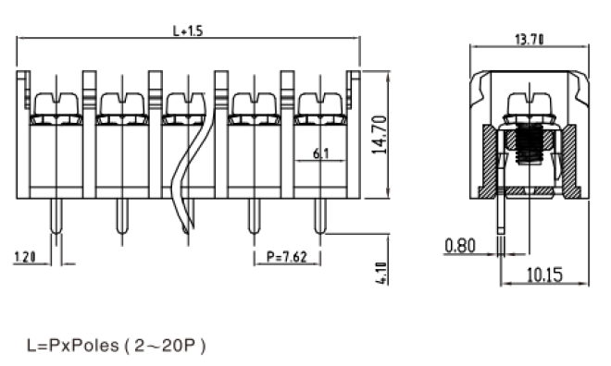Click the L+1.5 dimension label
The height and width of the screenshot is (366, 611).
click(188, 30)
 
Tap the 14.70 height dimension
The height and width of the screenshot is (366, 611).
click(380, 135)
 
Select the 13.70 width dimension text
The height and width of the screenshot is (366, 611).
click(530, 40)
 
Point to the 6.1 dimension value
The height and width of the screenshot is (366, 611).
click(320, 153)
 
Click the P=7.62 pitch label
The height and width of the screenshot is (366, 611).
click(287, 257)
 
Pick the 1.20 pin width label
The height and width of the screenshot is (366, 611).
click(25, 257)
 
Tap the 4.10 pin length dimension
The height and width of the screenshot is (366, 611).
click(382, 273)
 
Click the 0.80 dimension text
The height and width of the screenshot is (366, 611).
click(460, 246)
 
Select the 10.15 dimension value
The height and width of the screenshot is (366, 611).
click(544, 274)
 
